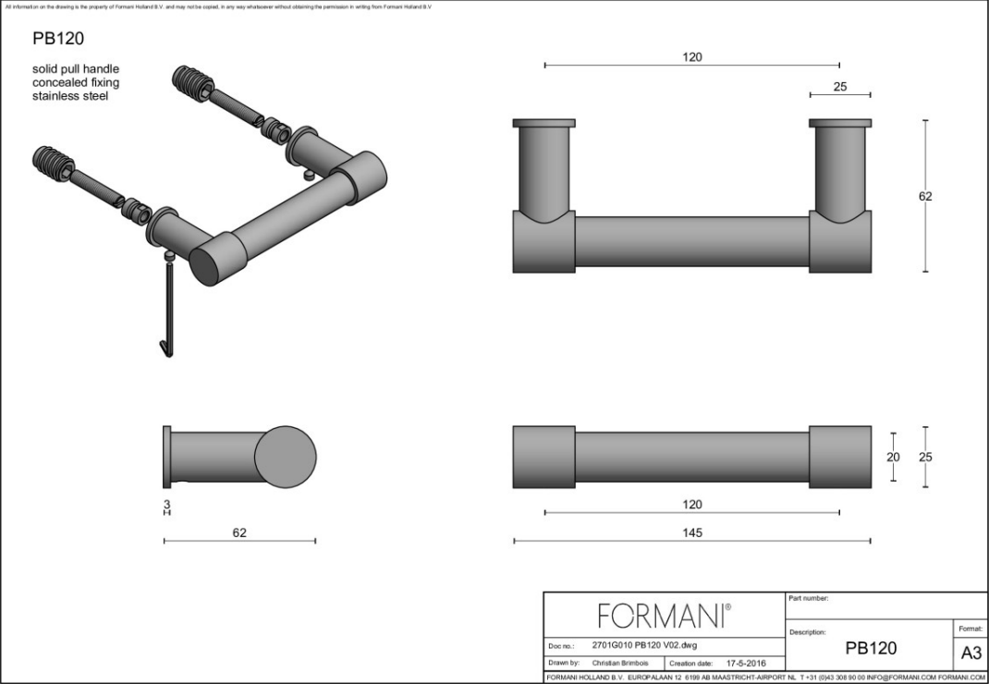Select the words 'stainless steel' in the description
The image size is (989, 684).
tap(70, 96)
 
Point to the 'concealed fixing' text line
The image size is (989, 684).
tap(76, 82)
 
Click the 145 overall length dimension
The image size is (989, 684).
tap(691, 532)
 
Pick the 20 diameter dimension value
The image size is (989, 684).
tap(893, 457)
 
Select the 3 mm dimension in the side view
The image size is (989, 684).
tap(166, 505)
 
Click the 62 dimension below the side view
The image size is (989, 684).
tap(239, 532)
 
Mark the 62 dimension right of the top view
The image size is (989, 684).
tap(925, 196)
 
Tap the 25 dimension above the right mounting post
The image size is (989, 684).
tap(839, 87)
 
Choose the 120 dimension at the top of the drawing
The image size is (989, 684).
tap(691, 57)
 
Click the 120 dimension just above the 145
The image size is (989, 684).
tap(691, 505)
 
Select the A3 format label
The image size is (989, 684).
tap(971, 653)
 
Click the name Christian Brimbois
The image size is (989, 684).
tap(619, 663)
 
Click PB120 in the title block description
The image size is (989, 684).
tap(871, 648)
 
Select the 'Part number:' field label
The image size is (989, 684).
tap(808, 598)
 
